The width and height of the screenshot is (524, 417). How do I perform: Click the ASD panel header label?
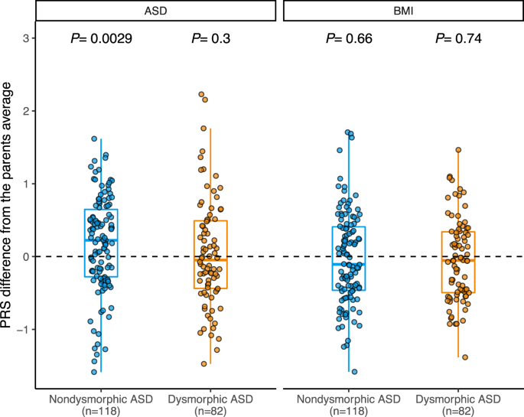coord(155,11)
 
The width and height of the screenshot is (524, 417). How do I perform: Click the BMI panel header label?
coord(403,11)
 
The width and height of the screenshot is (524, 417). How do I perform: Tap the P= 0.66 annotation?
coord(349,39)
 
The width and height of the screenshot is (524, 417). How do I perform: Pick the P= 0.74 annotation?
coord(458,39)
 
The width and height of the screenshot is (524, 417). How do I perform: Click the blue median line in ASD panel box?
coord(101,240)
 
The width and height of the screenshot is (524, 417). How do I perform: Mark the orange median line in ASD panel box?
coord(210,259)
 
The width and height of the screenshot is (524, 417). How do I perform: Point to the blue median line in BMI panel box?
coord(349,264)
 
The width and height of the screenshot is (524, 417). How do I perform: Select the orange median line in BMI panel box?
coord(458,261)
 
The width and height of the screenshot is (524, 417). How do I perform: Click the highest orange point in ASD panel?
coord(200,95)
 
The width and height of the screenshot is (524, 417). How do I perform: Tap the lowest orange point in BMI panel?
coord(464,357)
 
